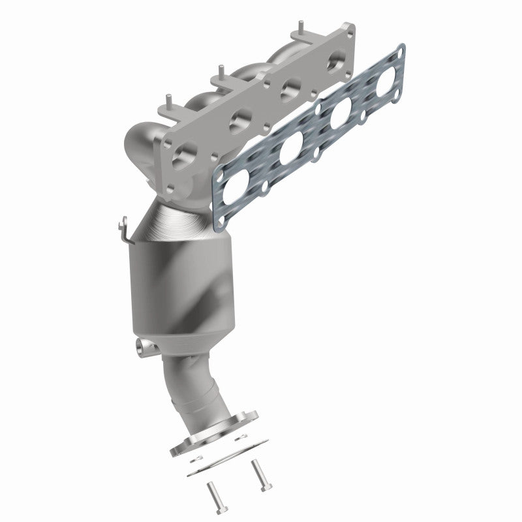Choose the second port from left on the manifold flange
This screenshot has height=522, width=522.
(x=240, y=120)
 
